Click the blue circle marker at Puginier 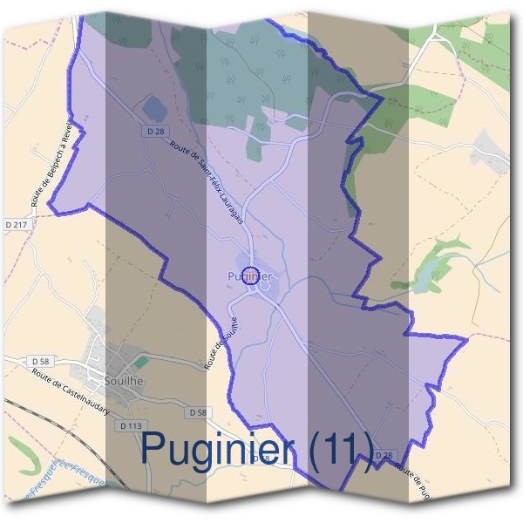click(x=250, y=275)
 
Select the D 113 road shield click(x=129, y=426)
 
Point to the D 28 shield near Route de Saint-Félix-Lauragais click(x=156, y=131)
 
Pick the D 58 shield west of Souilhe click(x=40, y=360)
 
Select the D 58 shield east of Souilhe click(x=199, y=412)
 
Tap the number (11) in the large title click(x=340, y=450)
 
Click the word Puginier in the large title click(x=221, y=450)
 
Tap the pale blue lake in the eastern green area click(x=427, y=279)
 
